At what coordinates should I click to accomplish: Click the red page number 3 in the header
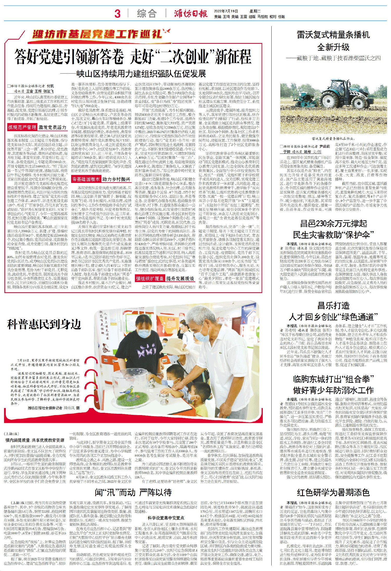pyautogui.click(x=118, y=14)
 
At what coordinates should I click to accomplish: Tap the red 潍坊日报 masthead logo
pyautogui.click(x=191, y=13)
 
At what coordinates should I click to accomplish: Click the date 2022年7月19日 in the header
pyautogui.click(x=226, y=11)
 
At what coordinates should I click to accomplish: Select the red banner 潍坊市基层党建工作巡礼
pyautogui.click(x=97, y=34)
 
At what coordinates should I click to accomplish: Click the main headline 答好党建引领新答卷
pyautogui.click(x=69, y=57)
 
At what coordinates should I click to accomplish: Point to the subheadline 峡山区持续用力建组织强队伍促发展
pyautogui.click(x=141, y=74)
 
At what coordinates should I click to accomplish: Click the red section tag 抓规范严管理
pyautogui.click(x=22, y=127)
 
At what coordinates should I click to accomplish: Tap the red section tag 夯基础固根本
pyautogui.click(x=86, y=179)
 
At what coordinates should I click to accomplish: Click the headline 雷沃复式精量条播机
pyautogui.click(x=333, y=35)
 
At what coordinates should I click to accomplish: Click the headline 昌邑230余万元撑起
pyautogui.click(x=333, y=223)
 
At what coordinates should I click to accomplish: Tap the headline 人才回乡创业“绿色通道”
pyautogui.click(x=333, y=317)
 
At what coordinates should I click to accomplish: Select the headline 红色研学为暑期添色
pyautogui.click(x=333, y=492)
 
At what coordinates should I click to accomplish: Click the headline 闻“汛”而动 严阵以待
pyautogui.click(x=133, y=493)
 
